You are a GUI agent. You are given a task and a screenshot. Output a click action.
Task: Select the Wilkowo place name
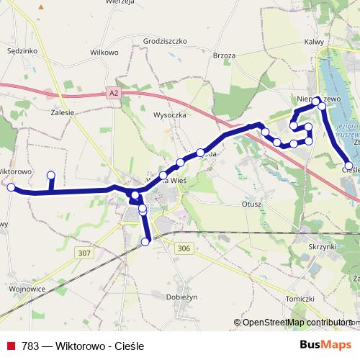(104, 53)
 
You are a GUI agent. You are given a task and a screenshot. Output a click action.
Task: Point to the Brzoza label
(225, 55)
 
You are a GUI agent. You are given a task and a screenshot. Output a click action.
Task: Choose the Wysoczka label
(171, 114)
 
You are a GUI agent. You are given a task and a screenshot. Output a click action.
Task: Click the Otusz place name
(251, 204)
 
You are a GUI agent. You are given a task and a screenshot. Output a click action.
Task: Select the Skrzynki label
(322, 246)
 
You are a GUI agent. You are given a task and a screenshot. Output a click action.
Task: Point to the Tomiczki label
(300, 298)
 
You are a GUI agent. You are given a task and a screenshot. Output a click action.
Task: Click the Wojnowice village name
(28, 289)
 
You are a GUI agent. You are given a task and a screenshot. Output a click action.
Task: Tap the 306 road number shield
(184, 248)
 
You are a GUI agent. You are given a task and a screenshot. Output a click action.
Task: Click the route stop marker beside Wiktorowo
(11, 187)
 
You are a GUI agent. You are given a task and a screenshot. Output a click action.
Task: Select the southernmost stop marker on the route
(145, 242)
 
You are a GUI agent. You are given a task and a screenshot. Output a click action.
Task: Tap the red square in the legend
(12, 346)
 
